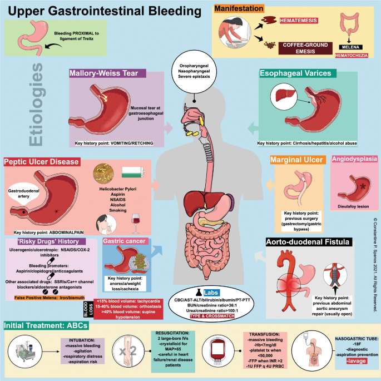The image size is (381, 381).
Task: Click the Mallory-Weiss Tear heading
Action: pos(107,73)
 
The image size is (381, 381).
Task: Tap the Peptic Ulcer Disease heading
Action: pos(42,162)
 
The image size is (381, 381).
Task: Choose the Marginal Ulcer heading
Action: pos(296,161)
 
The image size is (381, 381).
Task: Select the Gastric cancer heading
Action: pos(124,241)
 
